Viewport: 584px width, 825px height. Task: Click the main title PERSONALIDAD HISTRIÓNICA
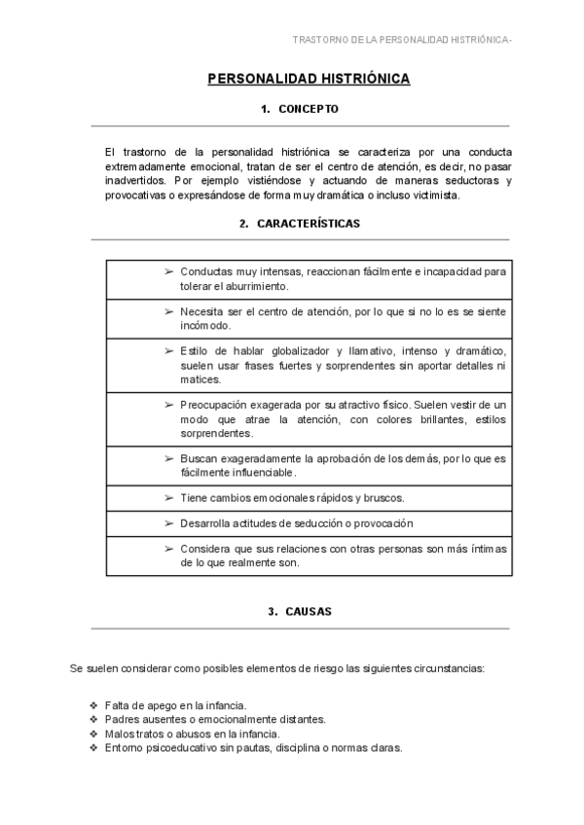[309, 79]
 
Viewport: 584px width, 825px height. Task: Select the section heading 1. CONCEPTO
[300, 109]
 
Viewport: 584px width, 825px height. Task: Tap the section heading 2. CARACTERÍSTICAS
[300, 224]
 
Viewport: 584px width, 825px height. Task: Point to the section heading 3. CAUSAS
[300, 612]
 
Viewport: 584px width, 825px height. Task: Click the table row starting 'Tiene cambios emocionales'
[292, 497]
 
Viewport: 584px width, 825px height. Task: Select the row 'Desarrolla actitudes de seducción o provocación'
[289, 523]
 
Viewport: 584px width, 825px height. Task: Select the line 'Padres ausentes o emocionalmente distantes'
[213, 719]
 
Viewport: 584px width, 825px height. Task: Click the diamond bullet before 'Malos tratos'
[93, 734]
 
